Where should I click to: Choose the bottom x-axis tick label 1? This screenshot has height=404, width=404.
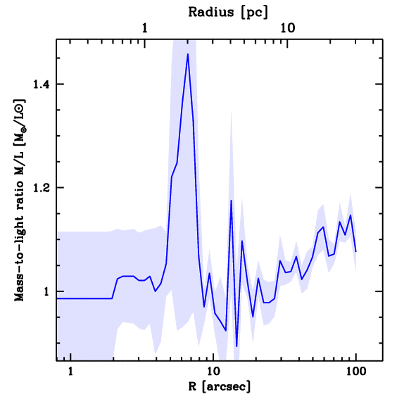tap(71, 372)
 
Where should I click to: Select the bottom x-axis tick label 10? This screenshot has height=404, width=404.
tap(213, 372)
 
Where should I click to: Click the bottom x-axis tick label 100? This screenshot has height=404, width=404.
tap(356, 372)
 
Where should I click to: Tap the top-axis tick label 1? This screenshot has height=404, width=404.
tap(145, 28)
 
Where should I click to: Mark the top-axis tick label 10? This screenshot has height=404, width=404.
tap(288, 28)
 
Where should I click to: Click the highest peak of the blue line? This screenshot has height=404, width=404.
tap(188, 54)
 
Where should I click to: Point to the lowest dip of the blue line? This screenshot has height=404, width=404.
tap(236, 346)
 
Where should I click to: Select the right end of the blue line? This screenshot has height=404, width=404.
tap(356, 251)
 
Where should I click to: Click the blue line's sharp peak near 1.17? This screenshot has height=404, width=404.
tap(231, 200)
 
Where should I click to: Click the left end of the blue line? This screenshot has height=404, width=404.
tap(58, 298)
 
